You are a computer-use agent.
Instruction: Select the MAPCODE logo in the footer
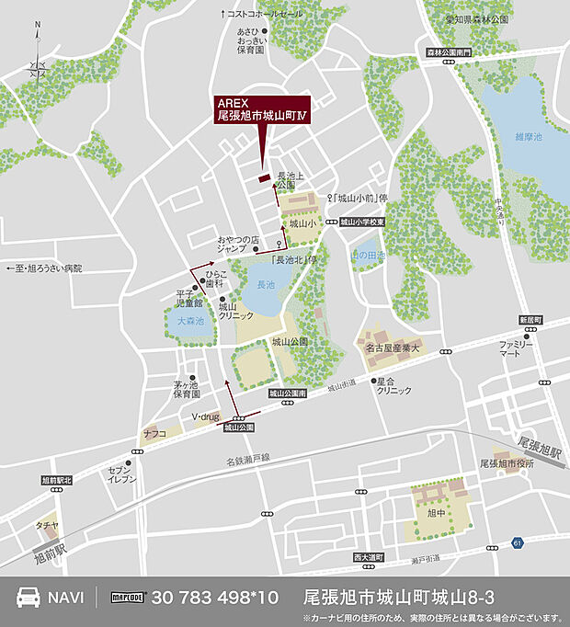pos(129,597)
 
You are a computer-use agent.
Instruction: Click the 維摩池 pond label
pos(529,136)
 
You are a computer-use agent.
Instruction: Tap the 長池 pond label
pos(266,284)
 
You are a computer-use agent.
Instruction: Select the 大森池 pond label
pos(190,321)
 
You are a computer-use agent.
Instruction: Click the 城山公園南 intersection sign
pos(288,393)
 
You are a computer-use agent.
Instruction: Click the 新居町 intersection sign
pos(530,319)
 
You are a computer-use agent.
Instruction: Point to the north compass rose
pos(38,66)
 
